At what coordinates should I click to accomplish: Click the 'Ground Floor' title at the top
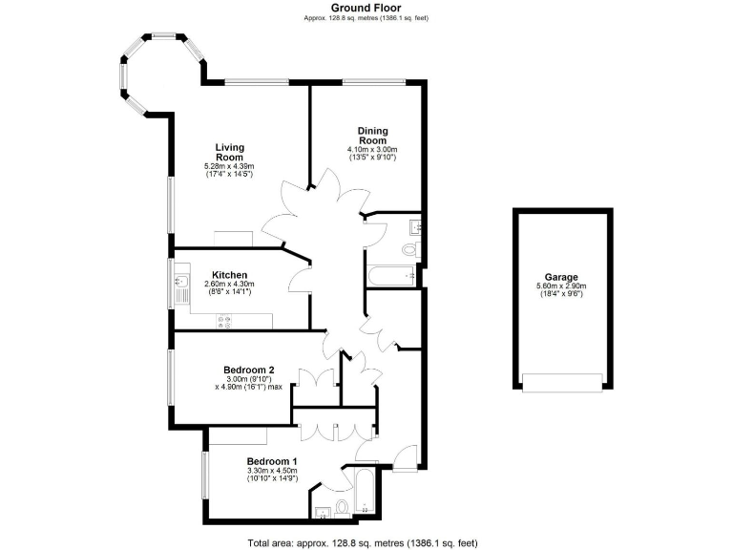coord(366,8)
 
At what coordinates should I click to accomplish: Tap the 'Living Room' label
coord(229,152)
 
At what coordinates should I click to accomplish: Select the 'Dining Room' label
coord(372,136)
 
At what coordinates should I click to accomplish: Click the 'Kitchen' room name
coord(230,275)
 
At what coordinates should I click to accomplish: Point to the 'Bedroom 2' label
coord(249,370)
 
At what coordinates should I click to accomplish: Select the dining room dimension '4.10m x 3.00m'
coord(372,150)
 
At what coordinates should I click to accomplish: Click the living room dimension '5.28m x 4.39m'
coord(229,167)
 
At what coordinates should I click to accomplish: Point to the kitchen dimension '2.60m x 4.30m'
coord(230,285)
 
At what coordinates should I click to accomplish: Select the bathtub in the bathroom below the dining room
coord(390,276)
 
